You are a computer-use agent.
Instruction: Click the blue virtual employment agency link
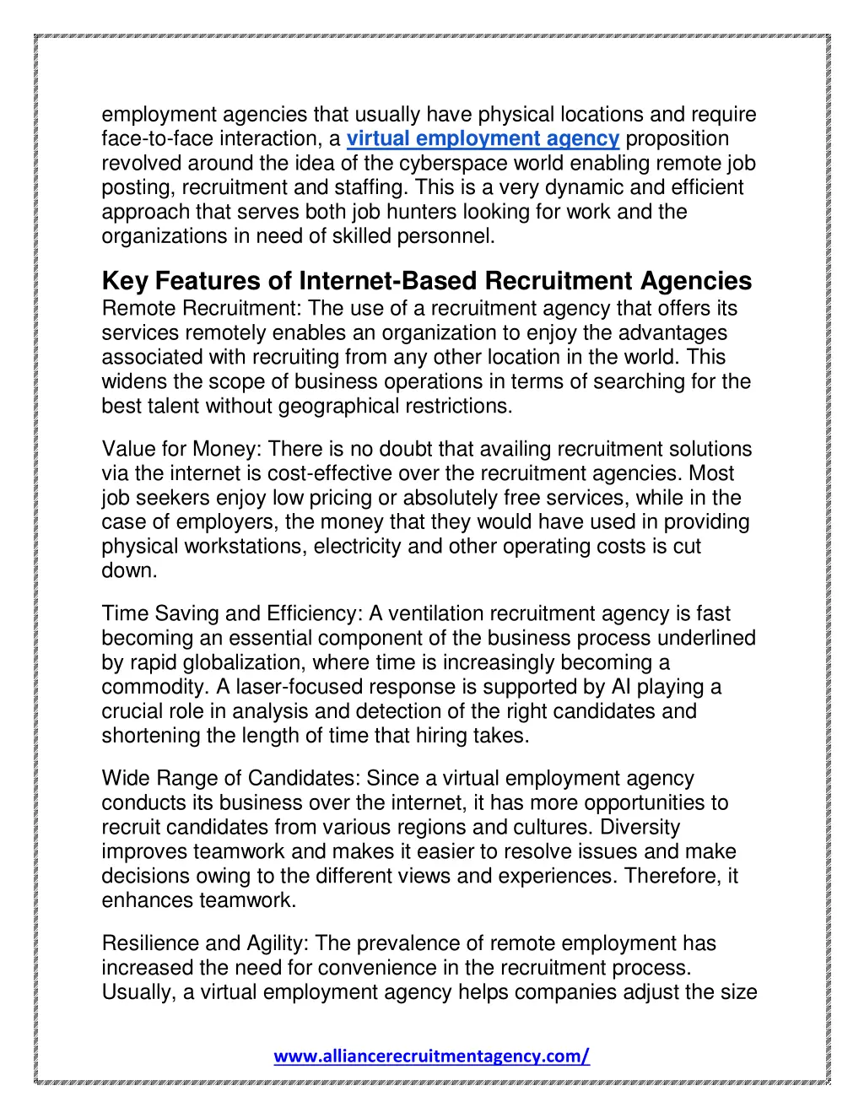[x=483, y=139]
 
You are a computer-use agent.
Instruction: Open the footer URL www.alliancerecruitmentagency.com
[x=431, y=1056]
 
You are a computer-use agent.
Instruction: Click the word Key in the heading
[x=125, y=281]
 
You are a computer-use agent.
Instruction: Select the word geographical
[x=337, y=407]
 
